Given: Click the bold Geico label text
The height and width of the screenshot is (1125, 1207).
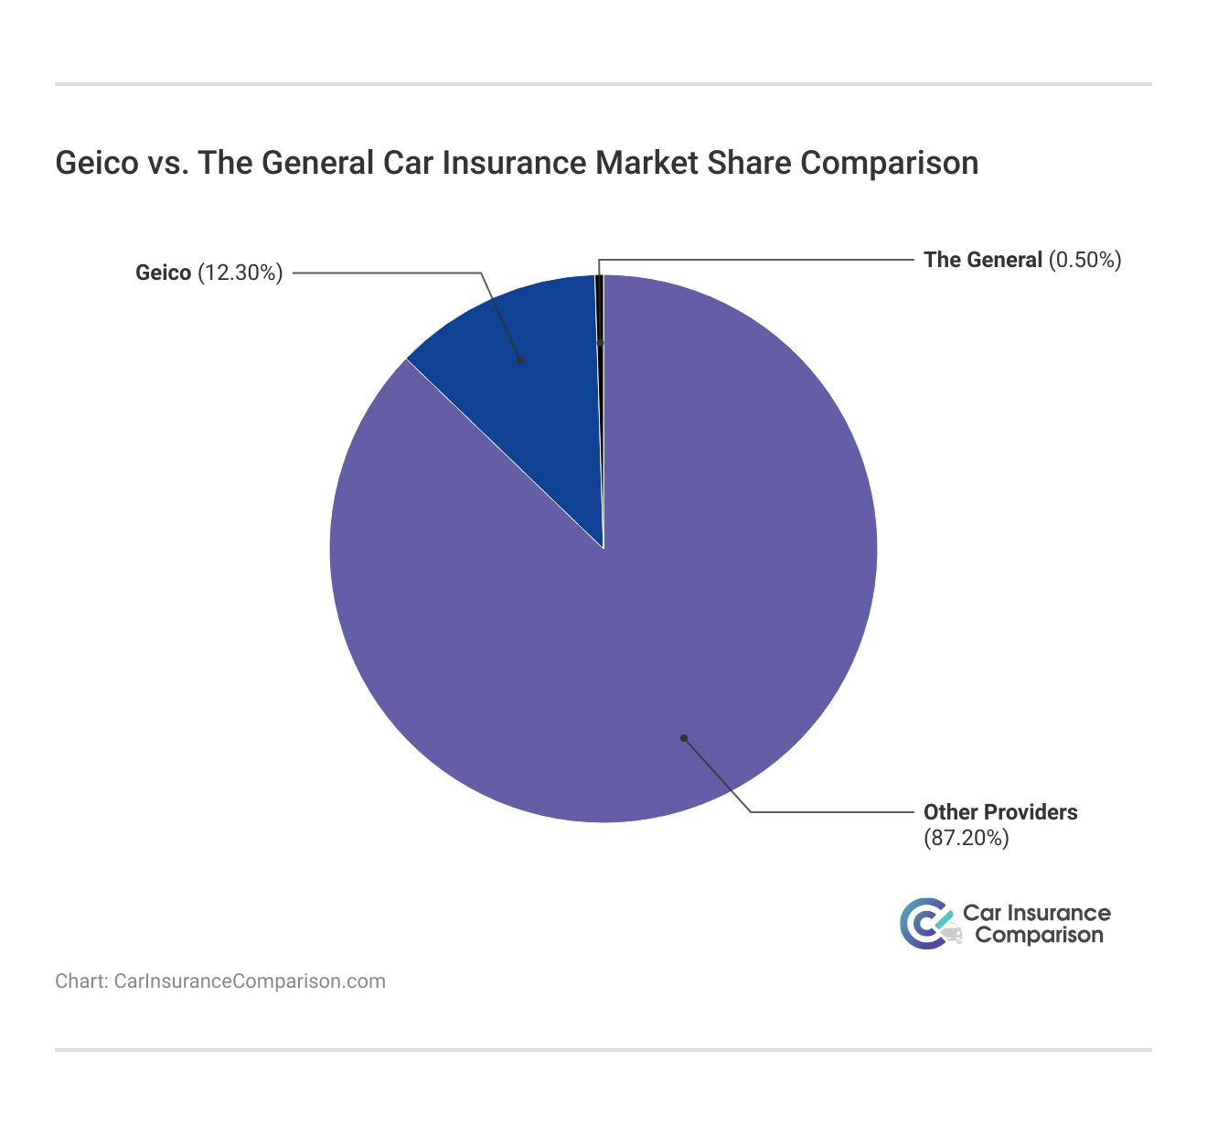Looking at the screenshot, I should [163, 273].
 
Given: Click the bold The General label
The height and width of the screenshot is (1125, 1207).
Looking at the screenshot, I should [983, 260].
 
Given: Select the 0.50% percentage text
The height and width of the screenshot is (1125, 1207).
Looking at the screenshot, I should [1085, 260].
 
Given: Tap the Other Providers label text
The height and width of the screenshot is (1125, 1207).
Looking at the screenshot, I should [1000, 812].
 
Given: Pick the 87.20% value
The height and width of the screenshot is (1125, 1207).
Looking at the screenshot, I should [966, 838].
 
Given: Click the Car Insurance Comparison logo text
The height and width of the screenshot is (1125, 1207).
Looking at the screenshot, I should [1038, 924].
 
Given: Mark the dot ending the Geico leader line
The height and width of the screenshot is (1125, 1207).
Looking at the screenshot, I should [520, 360].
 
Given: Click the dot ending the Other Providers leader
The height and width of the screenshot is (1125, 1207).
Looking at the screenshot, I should [683, 738].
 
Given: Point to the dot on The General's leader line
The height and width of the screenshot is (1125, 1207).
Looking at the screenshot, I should [600, 343].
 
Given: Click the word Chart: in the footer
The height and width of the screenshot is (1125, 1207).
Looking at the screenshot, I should [82, 981].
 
